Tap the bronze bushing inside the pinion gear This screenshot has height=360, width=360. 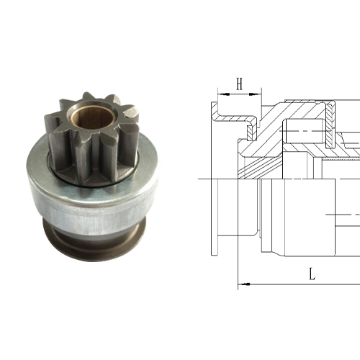click(93, 114)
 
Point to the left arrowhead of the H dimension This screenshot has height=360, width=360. click(219, 93)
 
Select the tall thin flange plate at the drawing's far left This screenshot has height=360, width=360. click(214, 216)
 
